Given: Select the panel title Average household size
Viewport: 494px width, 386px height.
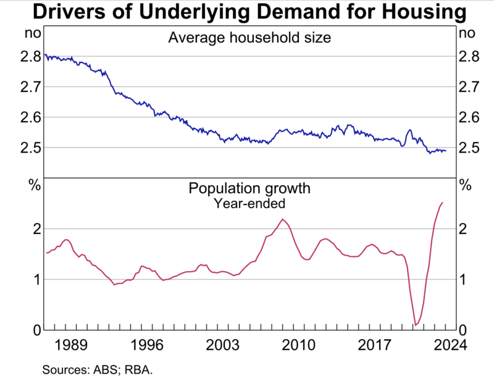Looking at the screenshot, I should point(249,38).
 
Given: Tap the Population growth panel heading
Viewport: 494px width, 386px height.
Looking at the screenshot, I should point(249,188).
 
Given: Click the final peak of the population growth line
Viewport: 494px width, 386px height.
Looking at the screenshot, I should point(442,203).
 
